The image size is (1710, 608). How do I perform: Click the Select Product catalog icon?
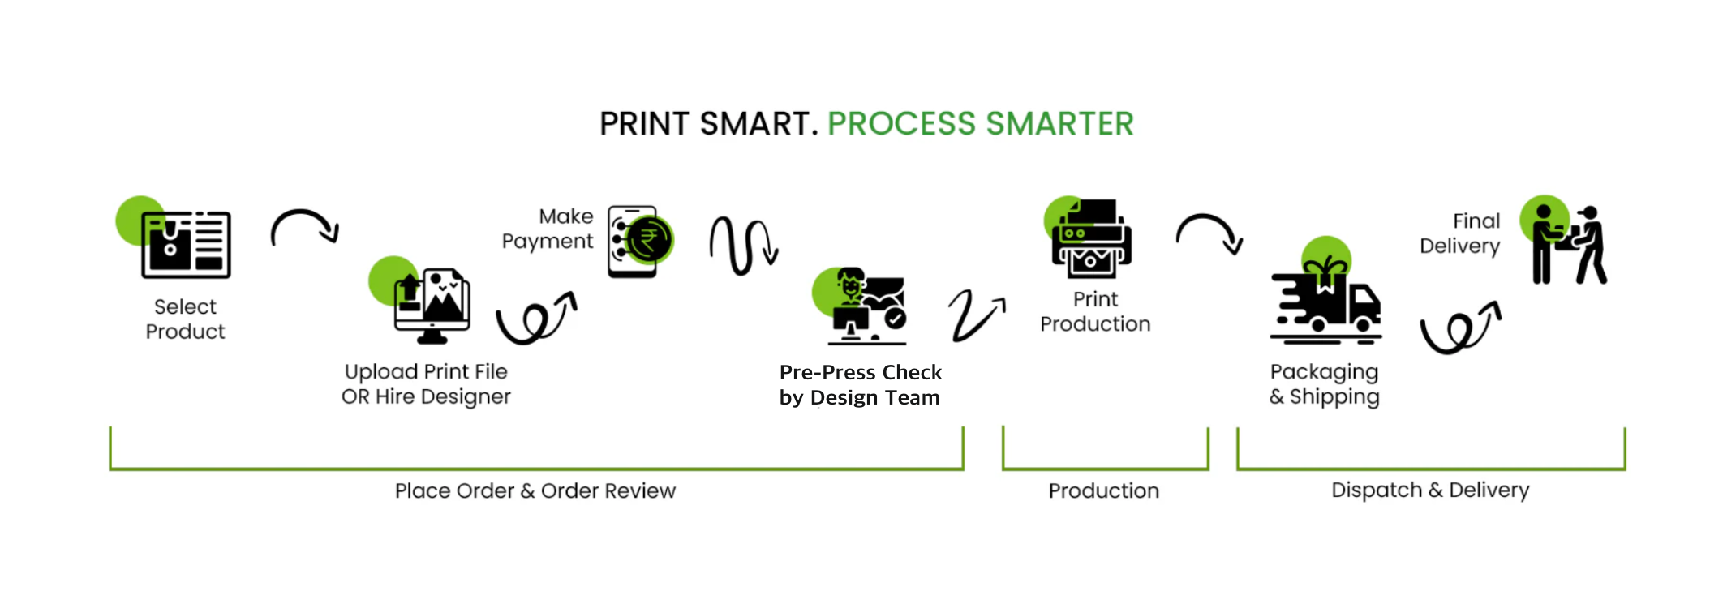pyautogui.click(x=186, y=244)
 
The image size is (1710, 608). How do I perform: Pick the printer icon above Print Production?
pyautogui.click(x=1091, y=239)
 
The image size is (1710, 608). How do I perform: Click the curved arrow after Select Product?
pyautogui.click(x=304, y=227)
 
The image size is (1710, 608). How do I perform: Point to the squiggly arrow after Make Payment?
pyautogui.click(x=743, y=245)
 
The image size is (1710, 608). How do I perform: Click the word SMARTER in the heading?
pyautogui.click(x=1059, y=124)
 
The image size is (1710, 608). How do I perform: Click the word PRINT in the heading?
pyautogui.click(x=644, y=124)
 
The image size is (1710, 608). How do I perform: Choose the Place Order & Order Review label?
pyautogui.click(x=535, y=490)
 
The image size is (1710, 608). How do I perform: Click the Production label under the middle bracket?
pyautogui.click(x=1104, y=490)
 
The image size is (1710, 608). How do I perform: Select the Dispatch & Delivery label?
pyautogui.click(x=1430, y=490)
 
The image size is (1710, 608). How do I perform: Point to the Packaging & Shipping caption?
pyautogui.click(x=1324, y=384)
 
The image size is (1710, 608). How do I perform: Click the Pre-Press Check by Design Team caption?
pyautogui.click(x=860, y=385)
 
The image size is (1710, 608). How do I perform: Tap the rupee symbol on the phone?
pyautogui.click(x=648, y=240)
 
